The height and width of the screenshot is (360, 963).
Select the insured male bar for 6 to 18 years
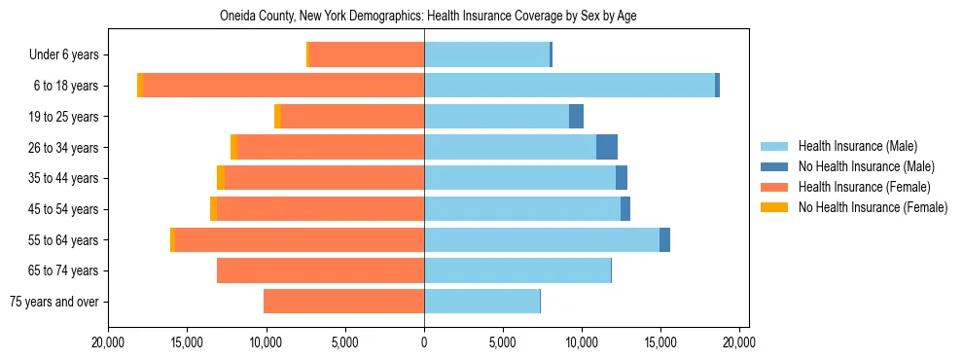point(569,86)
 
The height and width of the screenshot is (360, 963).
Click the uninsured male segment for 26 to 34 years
point(607,147)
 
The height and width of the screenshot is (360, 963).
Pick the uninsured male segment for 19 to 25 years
point(576,117)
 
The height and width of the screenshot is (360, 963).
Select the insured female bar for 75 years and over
point(343,302)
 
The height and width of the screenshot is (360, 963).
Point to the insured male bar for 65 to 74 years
point(517,270)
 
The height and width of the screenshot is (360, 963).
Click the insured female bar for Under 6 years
point(367,54)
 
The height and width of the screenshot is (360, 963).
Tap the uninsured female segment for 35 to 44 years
point(221,178)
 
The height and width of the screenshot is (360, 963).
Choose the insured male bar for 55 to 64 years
point(542,239)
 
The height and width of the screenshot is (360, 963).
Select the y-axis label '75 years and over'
point(53,302)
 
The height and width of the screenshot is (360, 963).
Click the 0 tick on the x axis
point(424,342)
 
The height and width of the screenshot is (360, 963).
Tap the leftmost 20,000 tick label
point(107,342)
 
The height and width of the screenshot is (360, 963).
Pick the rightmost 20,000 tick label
point(739,342)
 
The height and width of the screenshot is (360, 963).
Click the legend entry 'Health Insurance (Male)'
point(857,146)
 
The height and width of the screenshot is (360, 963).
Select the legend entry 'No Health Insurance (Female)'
point(873,207)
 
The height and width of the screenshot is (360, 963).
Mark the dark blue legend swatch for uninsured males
point(774,166)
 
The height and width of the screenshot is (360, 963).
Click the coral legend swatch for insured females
point(774,187)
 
